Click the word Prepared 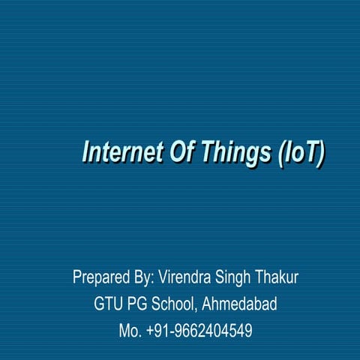(x=101, y=278)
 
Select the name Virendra (x=187, y=277)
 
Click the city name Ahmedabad (x=240, y=304)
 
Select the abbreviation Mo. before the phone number (x=130, y=330)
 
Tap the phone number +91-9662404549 (x=199, y=330)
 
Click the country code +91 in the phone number (x=160, y=330)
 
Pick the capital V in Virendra (x=163, y=277)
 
